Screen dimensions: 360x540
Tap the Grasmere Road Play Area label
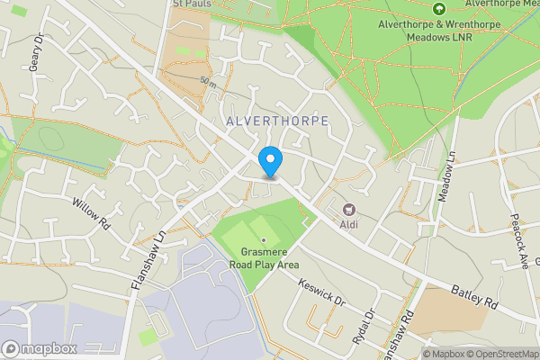[263, 258]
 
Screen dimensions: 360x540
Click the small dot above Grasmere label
[263, 240]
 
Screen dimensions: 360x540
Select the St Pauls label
[191, 4]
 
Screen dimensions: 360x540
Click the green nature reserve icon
[439, 9]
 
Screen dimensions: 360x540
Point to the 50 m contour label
[209, 82]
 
